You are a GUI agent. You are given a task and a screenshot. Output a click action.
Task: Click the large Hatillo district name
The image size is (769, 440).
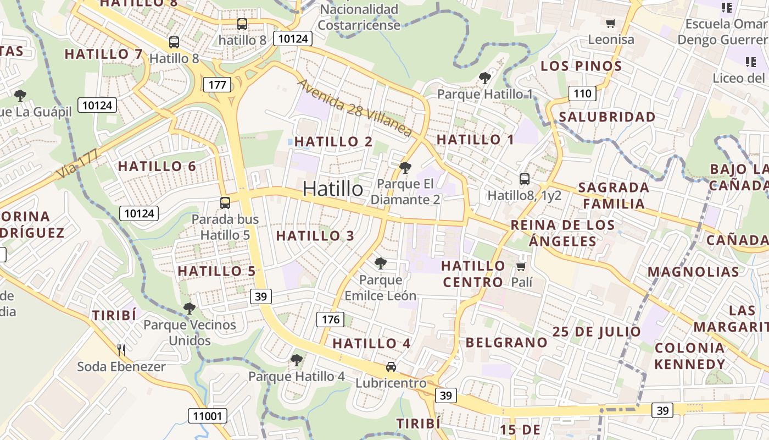pos(333,189)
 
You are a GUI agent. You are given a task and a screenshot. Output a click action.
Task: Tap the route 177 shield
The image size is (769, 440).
pos(217,85)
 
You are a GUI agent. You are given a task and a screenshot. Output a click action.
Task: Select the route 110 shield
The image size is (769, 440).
pos(582,94)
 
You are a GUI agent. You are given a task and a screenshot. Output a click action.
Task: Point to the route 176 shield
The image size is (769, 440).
pos(330,320)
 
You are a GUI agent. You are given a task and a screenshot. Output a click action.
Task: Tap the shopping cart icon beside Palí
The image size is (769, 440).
pos(521,267)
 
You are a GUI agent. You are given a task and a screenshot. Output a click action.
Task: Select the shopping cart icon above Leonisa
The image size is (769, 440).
pos(610,23)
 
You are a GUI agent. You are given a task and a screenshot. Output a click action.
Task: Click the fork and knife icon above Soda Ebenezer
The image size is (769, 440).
pos(121,349)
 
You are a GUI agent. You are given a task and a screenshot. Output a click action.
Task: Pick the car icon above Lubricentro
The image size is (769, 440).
pos(391,366)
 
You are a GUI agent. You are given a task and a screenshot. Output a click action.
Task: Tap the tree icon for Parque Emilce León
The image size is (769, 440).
pos(380,263)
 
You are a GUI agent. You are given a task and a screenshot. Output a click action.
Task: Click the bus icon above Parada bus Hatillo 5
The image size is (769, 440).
pos(225,202)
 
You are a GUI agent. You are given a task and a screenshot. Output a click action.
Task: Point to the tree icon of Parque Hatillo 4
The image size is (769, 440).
pos(296,360)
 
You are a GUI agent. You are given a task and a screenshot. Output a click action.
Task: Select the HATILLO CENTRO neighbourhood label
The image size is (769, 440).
pos(473,274)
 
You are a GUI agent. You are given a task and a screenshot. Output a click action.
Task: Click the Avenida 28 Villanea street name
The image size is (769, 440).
pos(354,108)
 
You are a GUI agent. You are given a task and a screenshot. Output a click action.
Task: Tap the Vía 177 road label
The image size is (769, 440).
pos(77,163)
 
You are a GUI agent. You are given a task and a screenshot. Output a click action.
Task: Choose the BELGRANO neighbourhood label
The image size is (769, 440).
pos(506,342)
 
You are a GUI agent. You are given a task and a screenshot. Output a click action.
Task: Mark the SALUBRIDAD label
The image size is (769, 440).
pos(607,117)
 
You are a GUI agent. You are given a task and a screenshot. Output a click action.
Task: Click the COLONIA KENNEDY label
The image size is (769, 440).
pos(690,356)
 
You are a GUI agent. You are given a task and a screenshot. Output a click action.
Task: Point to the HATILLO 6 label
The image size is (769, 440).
pos(157,166)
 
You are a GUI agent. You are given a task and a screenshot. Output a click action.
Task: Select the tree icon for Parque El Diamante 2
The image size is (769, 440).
pos(405,167)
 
